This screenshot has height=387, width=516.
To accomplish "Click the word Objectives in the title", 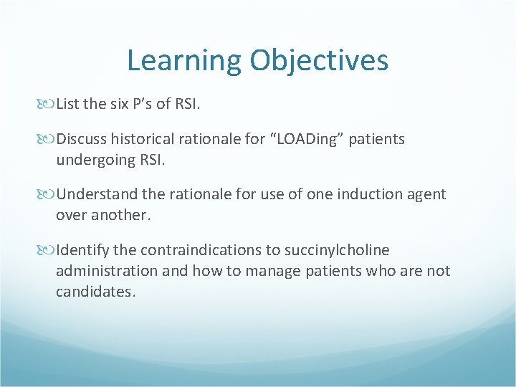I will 319,61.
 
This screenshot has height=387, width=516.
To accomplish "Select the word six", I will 120,104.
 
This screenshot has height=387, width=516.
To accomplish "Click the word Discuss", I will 82,139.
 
